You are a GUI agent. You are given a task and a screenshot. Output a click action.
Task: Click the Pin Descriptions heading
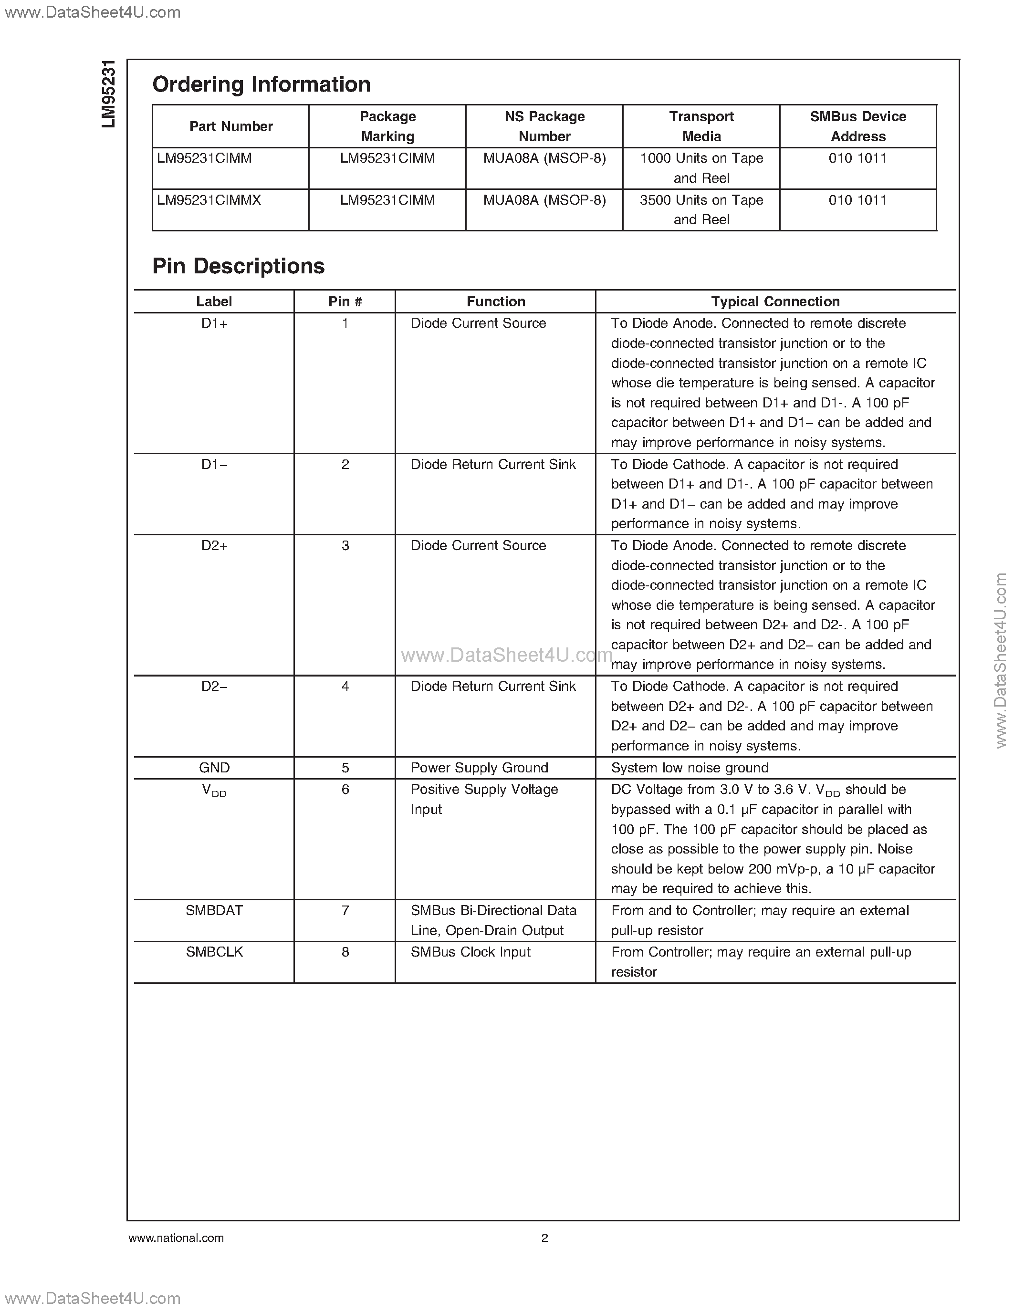click(239, 266)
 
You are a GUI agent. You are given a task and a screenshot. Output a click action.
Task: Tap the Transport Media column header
click(701, 126)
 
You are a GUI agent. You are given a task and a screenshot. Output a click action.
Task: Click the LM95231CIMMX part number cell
click(209, 200)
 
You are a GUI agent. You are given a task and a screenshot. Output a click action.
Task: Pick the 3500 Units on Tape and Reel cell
click(701, 209)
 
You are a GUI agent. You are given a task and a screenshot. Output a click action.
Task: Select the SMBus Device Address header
click(858, 126)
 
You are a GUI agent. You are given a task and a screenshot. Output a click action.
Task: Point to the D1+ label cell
click(214, 323)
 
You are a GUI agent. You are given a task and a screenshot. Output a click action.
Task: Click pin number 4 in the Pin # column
click(345, 686)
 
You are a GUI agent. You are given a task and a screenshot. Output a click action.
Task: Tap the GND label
click(214, 768)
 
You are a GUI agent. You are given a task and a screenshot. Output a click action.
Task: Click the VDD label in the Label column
click(214, 791)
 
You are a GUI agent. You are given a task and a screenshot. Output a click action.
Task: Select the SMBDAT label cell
click(214, 910)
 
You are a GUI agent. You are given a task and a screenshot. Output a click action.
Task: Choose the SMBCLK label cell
click(214, 952)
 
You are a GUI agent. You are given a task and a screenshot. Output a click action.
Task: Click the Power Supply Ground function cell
click(480, 768)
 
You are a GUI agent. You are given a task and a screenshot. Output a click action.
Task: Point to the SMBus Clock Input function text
click(470, 952)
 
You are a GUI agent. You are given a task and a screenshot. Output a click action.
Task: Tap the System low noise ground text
click(690, 768)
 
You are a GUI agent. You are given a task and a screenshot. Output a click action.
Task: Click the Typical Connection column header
click(775, 302)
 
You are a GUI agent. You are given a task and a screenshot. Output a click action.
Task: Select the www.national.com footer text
click(176, 1238)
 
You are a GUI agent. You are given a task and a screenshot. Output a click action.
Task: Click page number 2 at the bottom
click(544, 1238)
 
